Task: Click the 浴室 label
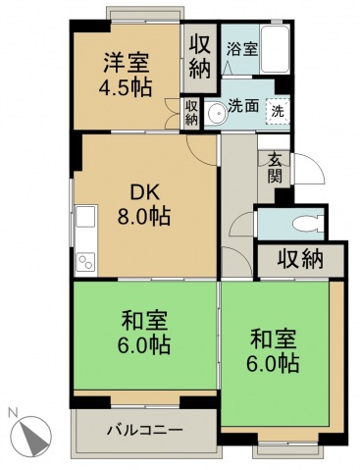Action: pos(242,48)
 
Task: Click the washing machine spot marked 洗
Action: pos(279,111)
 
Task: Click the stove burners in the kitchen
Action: pos(85,261)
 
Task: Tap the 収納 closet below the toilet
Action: pos(299,261)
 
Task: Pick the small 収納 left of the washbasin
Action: pos(190,112)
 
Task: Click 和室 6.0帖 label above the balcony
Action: pos(144,333)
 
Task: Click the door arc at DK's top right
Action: pos(205,148)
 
